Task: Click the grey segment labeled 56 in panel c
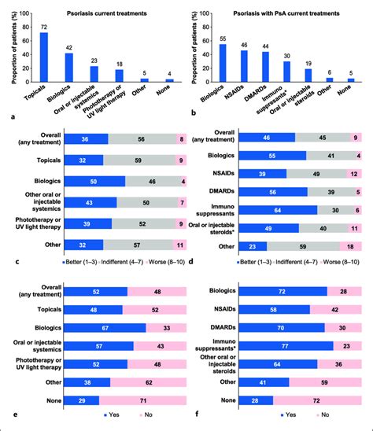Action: (139, 138)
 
